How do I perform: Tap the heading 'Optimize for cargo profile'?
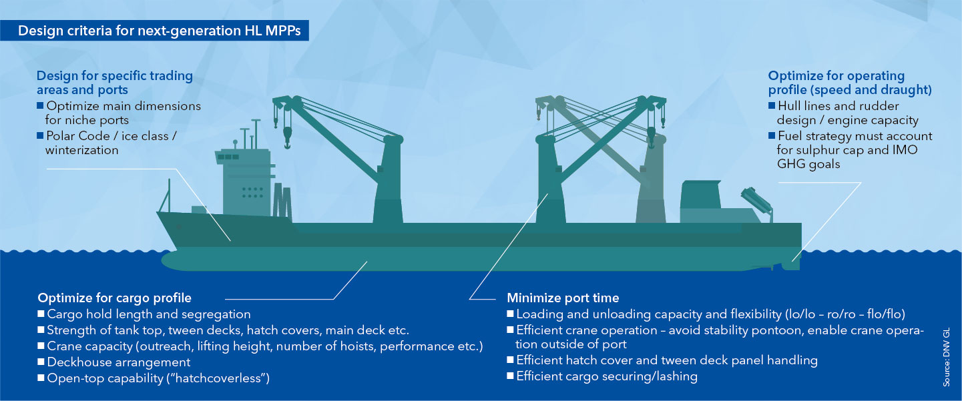pos(114,298)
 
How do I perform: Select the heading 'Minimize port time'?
pos(563,298)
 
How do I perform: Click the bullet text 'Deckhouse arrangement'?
pos(118,362)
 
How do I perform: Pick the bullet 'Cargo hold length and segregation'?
pos(148,314)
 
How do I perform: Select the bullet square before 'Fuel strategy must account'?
pos(772,136)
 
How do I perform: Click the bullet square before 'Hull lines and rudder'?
pos(772,106)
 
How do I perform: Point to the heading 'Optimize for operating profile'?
pos(849,83)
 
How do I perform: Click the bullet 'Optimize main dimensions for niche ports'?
pos(123,113)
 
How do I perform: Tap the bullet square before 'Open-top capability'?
pos(41,378)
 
